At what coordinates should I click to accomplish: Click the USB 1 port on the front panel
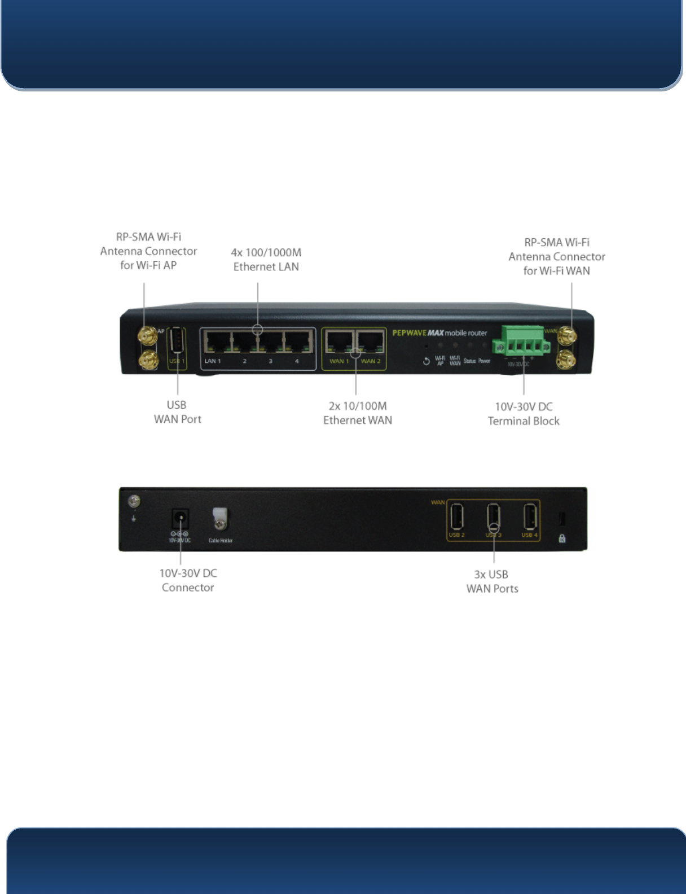pyautogui.click(x=177, y=340)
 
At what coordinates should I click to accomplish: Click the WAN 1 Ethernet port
pyautogui.click(x=339, y=343)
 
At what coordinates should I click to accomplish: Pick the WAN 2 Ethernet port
pyautogui.click(x=371, y=343)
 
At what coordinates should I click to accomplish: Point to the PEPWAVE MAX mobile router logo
pyautogui.click(x=439, y=333)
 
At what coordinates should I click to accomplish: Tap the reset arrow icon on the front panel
pyautogui.click(x=426, y=361)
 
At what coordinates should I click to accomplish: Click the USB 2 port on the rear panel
pyautogui.click(x=456, y=516)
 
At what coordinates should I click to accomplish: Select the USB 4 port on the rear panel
pyautogui.click(x=530, y=516)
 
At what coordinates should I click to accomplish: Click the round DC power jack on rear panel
pyautogui.click(x=180, y=518)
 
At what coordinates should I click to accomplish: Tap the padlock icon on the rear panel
pyautogui.click(x=562, y=538)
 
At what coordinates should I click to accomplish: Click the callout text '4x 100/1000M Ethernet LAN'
pyautogui.click(x=266, y=260)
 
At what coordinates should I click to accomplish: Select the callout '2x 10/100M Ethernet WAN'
pyautogui.click(x=358, y=413)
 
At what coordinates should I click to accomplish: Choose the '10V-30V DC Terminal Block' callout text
pyautogui.click(x=524, y=414)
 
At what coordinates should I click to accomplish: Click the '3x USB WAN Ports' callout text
pyautogui.click(x=492, y=581)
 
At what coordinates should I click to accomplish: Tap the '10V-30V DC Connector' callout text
pyautogui.click(x=188, y=580)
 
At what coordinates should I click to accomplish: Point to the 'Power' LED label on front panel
pyautogui.click(x=484, y=361)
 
